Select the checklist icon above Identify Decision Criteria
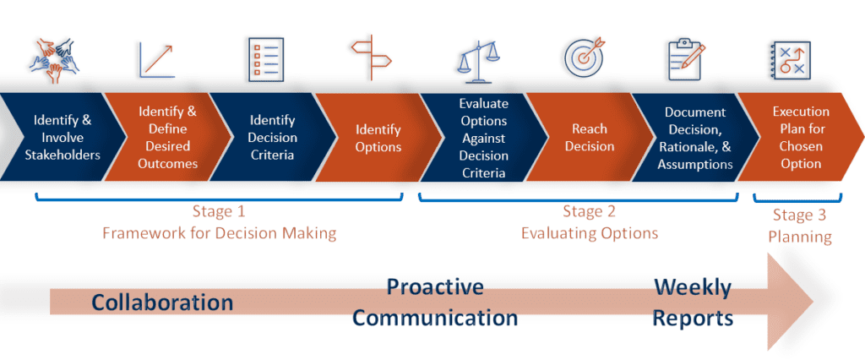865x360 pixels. tap(265, 58)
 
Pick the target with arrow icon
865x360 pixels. tap(585, 57)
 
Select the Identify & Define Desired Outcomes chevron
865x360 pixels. tap(167, 137)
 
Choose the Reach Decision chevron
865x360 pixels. tap(589, 137)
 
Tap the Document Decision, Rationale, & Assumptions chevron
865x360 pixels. tap(694, 137)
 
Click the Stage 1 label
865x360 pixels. tap(219, 211)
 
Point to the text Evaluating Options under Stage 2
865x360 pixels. tap(588, 232)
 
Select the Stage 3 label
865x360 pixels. tap(799, 216)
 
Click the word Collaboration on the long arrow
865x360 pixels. tap(162, 302)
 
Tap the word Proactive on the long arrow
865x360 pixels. tap(435, 286)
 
